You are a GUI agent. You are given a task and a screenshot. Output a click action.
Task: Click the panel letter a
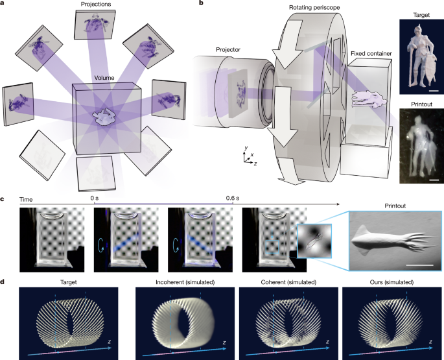4,5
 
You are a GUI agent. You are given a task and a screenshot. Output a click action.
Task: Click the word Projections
94,5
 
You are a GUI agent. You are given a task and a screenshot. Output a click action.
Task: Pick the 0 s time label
95,195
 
